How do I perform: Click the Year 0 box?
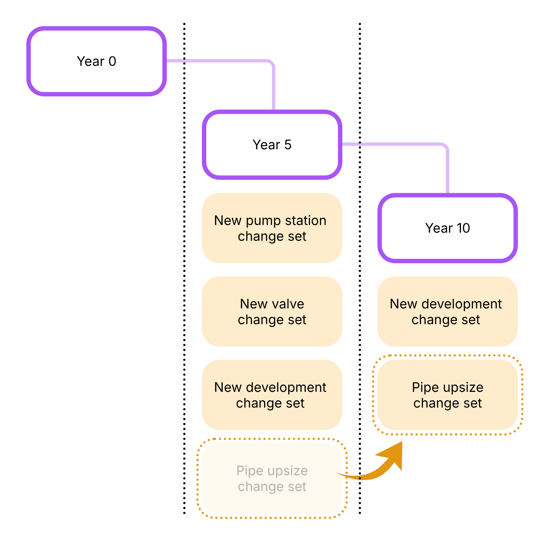(x=97, y=61)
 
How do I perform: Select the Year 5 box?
(x=272, y=145)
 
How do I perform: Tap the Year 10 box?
(x=448, y=228)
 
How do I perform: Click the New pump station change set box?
(x=272, y=228)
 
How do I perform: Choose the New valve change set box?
(x=272, y=311)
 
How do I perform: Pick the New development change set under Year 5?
(x=272, y=395)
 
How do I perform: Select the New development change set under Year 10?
(x=448, y=311)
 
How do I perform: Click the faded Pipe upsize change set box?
(x=272, y=478)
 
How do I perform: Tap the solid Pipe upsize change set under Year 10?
(x=448, y=395)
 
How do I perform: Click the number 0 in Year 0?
(x=112, y=61)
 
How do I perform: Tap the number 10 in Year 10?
(x=463, y=228)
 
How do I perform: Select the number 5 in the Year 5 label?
(x=288, y=145)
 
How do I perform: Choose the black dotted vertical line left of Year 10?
(x=360, y=293)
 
